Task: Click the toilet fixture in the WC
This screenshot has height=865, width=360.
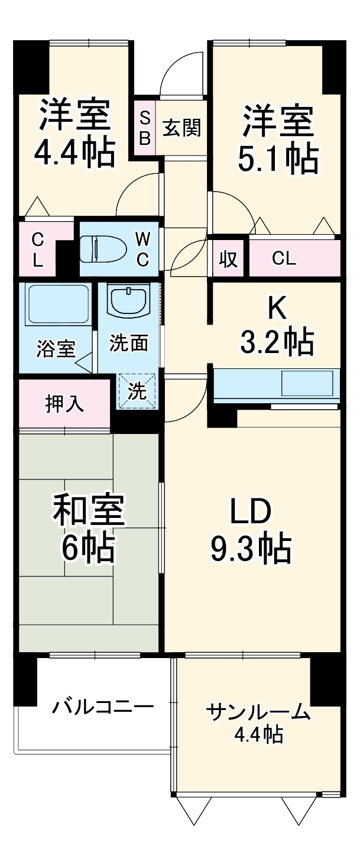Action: (104, 248)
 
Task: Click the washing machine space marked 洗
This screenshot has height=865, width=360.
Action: (139, 391)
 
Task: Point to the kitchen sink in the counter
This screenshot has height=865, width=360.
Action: (307, 384)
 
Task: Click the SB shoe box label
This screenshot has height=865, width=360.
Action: (145, 128)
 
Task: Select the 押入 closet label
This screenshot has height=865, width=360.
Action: (65, 404)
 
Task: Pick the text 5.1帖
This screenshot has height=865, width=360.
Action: (278, 158)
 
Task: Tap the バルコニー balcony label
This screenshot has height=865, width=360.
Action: (102, 707)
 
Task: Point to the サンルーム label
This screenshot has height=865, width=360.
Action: (258, 712)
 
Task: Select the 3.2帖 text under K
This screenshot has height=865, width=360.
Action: (277, 341)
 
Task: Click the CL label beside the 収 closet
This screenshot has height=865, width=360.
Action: (284, 259)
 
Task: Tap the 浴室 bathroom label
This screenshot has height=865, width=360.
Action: (56, 349)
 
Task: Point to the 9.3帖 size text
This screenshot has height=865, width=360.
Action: (251, 549)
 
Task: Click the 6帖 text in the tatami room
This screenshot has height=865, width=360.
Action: (89, 549)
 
